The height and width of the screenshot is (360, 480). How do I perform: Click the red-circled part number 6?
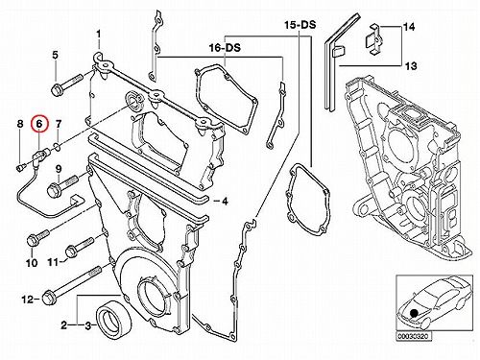[x=39, y=124]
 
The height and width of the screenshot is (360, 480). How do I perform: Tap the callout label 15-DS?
[x=300, y=25]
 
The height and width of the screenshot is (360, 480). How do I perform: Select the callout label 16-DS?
[x=225, y=48]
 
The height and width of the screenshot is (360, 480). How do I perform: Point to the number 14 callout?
[x=409, y=27]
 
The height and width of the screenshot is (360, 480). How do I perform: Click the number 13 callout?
[x=411, y=66]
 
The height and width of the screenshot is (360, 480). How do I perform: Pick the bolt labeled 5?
[x=66, y=84]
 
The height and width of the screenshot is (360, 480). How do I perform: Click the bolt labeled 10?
[x=38, y=238]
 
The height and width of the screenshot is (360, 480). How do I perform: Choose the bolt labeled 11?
[x=80, y=247]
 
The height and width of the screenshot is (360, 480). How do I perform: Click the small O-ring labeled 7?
[x=57, y=147]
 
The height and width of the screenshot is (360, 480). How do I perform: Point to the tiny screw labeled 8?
[x=20, y=167]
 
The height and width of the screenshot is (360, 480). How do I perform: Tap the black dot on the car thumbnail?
[x=414, y=313]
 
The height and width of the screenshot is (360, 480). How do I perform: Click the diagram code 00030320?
[x=414, y=337]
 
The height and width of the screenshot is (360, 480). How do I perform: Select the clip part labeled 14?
[x=373, y=38]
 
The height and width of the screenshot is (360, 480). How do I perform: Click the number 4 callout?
[x=225, y=202]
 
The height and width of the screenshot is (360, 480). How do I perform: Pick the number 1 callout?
[x=99, y=34]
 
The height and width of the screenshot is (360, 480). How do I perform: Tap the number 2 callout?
[x=64, y=325]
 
